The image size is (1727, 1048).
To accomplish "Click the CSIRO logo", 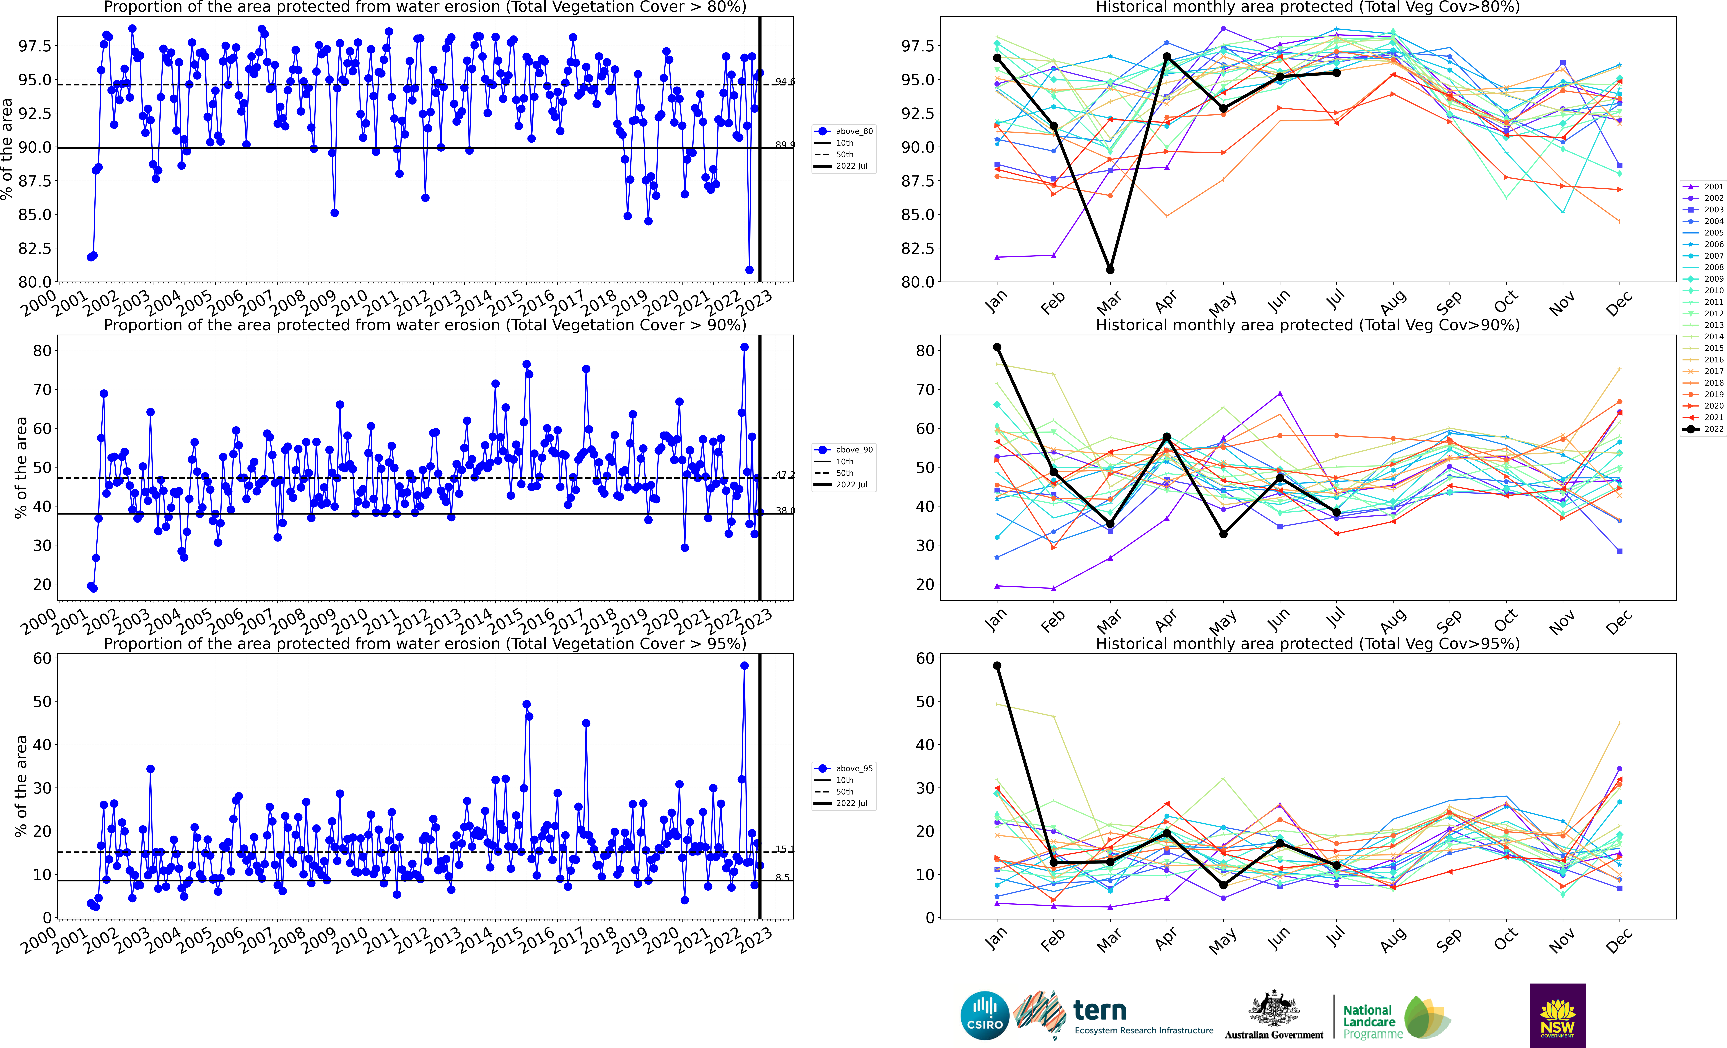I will [985, 1015].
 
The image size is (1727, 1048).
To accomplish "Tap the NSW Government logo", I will [1557, 1015].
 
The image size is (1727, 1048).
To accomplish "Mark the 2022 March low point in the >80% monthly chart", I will [1110, 270].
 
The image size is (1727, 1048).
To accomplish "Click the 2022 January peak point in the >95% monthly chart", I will [997, 666].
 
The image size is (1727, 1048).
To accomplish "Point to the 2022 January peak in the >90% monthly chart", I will [997, 347].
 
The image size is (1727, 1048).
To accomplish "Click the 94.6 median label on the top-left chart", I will [785, 82].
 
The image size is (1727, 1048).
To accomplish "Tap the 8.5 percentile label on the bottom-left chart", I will [782, 877].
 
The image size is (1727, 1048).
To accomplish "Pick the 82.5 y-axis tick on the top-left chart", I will [35, 248].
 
